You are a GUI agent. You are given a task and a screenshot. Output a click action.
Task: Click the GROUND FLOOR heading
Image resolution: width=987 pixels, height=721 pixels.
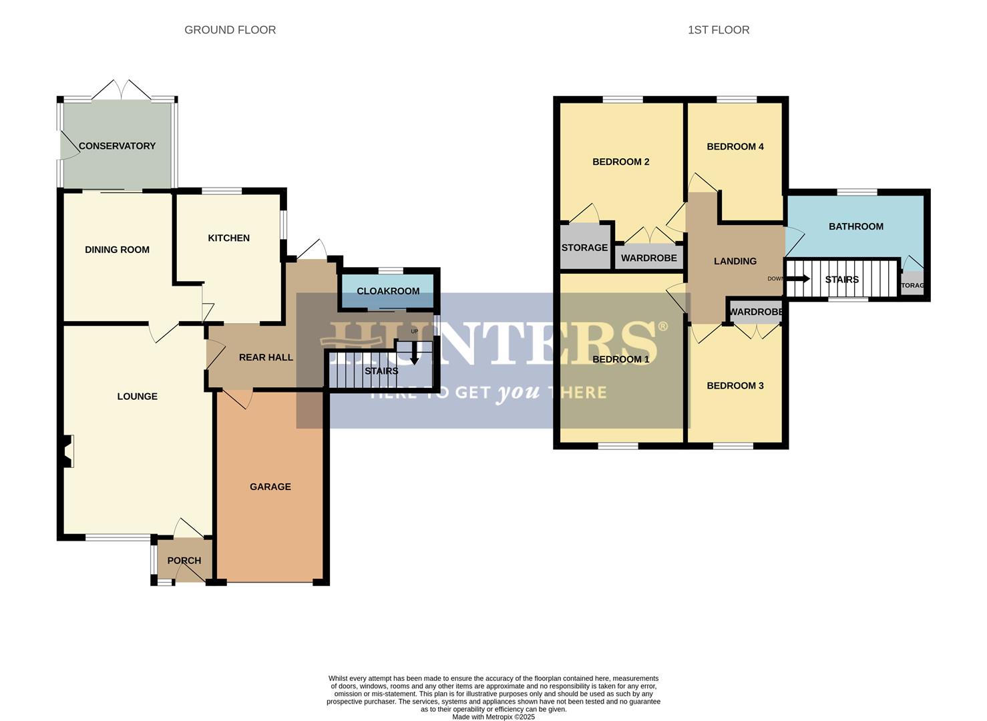pyautogui.click(x=230, y=30)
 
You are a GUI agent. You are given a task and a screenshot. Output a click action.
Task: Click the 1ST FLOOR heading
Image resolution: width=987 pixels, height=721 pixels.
pyautogui.click(x=719, y=30)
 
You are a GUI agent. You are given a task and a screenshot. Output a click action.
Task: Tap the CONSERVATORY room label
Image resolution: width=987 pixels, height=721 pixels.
pyautogui.click(x=117, y=146)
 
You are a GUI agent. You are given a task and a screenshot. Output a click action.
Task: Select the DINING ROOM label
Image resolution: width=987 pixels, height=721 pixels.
pyautogui.click(x=117, y=250)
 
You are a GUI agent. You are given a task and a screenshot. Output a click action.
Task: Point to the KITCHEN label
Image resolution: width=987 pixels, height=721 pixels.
pyautogui.click(x=228, y=238)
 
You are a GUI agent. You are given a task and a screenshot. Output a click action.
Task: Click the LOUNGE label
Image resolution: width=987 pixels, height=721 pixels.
pyautogui.click(x=137, y=397)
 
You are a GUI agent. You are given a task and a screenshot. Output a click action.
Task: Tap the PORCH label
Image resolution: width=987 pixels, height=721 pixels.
pyautogui.click(x=184, y=561)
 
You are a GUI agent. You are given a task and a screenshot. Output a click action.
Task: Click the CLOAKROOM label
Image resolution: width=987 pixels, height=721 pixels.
pyautogui.click(x=388, y=291)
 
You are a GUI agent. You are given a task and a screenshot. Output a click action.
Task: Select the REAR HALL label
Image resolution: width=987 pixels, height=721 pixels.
pyautogui.click(x=266, y=358)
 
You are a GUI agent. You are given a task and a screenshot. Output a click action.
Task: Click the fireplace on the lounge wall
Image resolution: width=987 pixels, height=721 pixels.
pyautogui.click(x=67, y=451)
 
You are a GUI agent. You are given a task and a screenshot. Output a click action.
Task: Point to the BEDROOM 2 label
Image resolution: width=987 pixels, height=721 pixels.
pyautogui.click(x=620, y=162)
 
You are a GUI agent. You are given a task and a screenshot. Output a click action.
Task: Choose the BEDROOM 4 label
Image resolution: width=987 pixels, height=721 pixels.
pyautogui.click(x=735, y=147)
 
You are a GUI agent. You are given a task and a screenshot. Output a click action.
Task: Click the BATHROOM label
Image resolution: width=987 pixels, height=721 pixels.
pyautogui.click(x=855, y=227)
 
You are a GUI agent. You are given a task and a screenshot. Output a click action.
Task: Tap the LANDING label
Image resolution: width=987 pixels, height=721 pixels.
pyautogui.click(x=735, y=262)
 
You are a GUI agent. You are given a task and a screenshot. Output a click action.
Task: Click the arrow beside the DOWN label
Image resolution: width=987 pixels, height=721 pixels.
pyautogui.click(x=799, y=278)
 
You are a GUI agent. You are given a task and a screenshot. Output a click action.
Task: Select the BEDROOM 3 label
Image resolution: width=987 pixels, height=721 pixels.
pyautogui.click(x=735, y=386)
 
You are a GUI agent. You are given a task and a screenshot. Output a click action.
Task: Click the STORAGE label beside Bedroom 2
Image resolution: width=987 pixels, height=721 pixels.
pyautogui.click(x=584, y=248)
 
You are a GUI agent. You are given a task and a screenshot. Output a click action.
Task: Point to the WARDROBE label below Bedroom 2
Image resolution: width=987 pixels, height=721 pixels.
pyautogui.click(x=648, y=258)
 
